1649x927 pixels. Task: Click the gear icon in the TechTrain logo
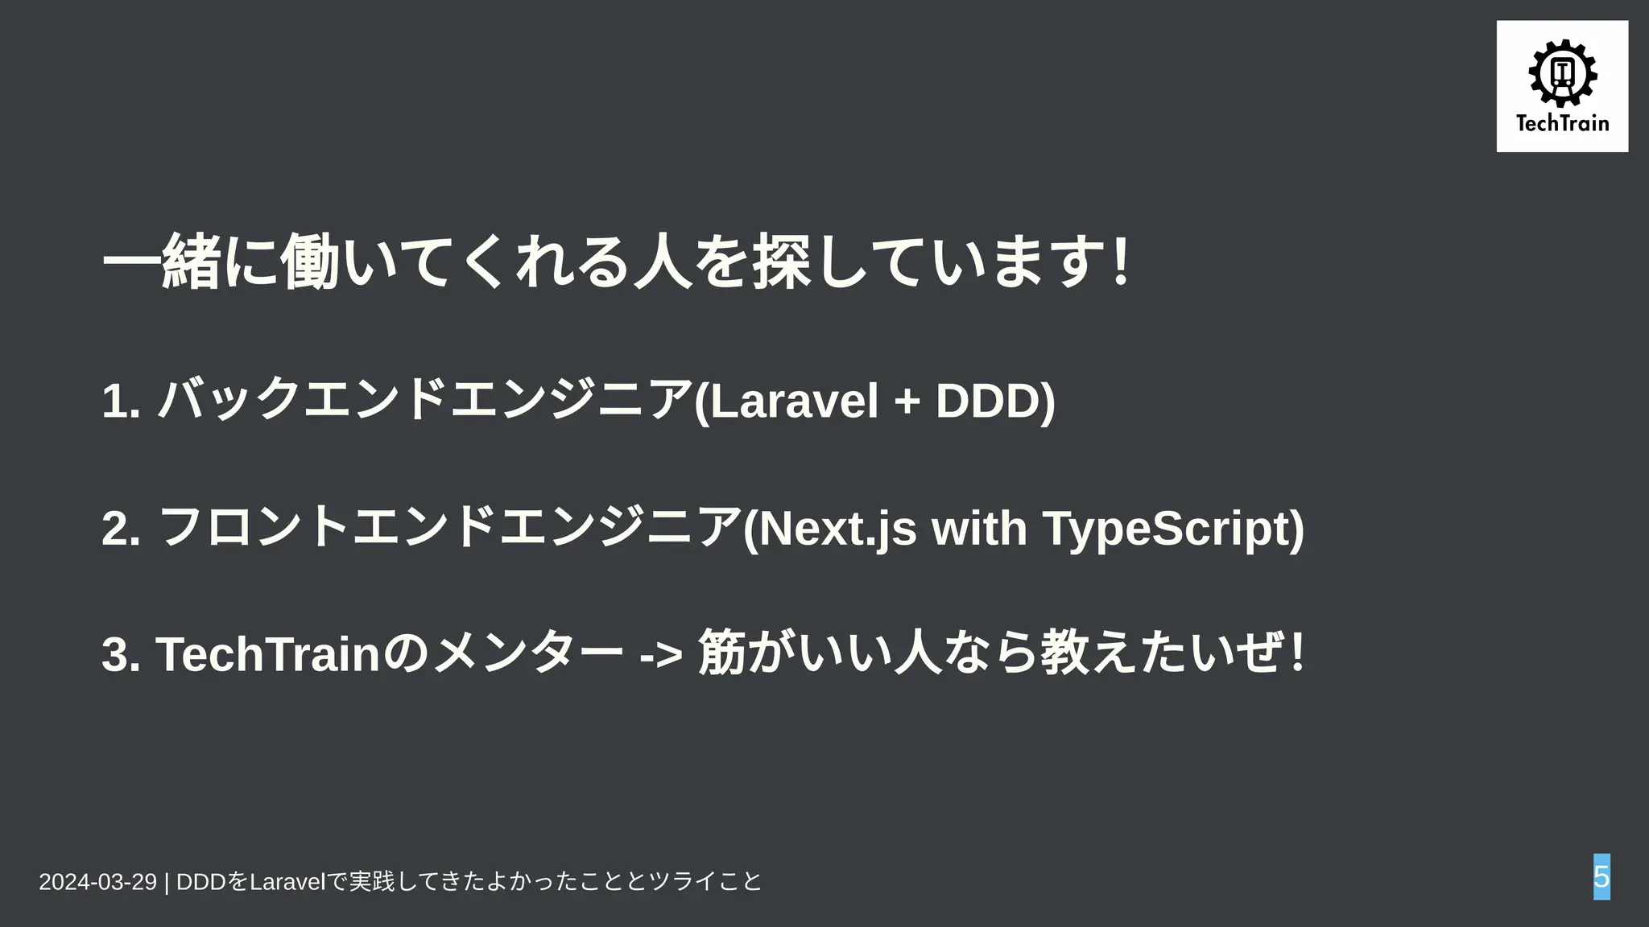1562,73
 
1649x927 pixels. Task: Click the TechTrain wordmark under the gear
1562,123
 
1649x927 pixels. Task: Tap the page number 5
1601,876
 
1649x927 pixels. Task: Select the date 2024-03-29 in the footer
97,882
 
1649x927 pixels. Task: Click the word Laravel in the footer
286,882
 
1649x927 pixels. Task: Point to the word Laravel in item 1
794,401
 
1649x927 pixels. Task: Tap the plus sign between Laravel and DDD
907,402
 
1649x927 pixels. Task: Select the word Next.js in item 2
838,528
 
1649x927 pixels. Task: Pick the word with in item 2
979,528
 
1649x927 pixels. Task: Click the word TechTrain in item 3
267,653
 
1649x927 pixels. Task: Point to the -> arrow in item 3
661,655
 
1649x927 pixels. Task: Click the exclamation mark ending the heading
1119,262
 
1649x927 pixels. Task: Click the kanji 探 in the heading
780,262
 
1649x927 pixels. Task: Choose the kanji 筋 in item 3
722,652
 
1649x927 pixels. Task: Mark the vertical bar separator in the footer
167,882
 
